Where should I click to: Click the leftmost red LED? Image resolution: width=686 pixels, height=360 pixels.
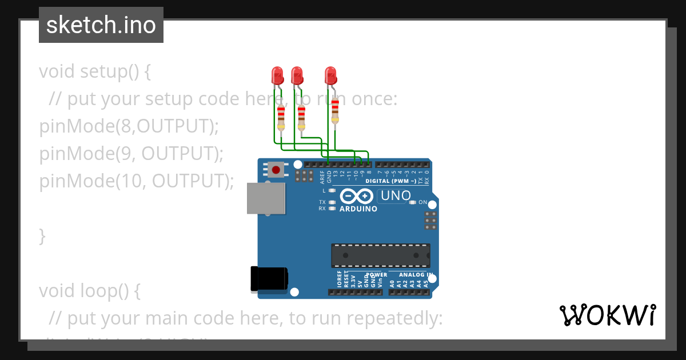pos(277,75)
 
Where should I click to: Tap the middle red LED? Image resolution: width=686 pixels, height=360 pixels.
pos(297,75)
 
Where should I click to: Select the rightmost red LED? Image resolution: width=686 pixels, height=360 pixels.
pos(330,75)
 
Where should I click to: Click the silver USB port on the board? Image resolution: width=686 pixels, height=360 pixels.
pos(266,198)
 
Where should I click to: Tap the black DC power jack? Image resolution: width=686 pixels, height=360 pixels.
pos(269,279)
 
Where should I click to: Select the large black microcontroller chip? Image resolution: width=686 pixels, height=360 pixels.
pos(381,255)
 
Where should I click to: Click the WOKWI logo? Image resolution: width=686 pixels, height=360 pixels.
pos(607,315)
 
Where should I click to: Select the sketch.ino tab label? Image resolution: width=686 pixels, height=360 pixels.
pos(101,25)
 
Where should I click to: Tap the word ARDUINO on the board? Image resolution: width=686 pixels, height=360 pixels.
pos(358,209)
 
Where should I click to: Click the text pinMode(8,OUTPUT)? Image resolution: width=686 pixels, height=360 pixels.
pos(129,126)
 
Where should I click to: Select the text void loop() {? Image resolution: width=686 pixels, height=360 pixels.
pos(90,291)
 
